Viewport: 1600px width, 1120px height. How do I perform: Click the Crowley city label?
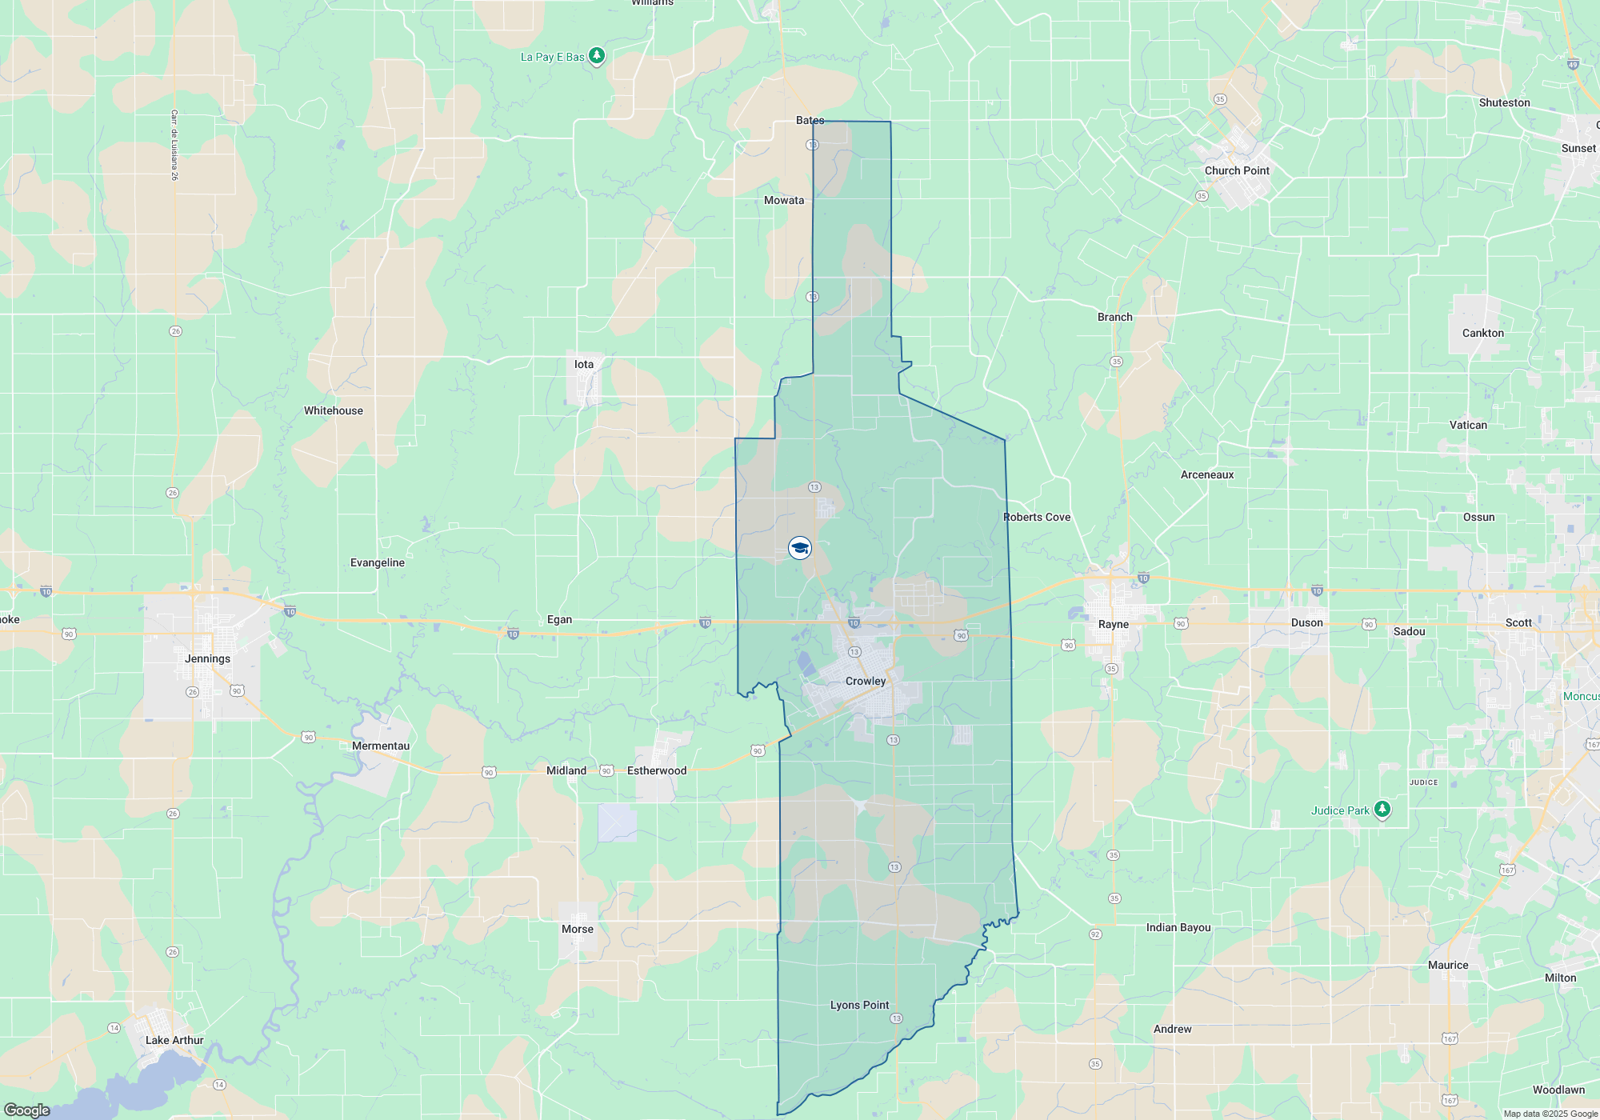click(866, 681)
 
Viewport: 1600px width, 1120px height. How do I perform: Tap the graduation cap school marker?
click(799, 548)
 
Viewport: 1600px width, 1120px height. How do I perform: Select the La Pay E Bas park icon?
click(597, 56)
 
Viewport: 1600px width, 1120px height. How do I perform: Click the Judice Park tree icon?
click(1382, 810)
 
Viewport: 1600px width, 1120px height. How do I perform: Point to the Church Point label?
click(1237, 170)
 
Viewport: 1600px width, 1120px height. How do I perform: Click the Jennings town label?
click(207, 658)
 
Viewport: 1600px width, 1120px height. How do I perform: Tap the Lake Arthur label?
click(174, 1040)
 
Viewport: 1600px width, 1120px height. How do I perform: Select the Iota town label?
click(584, 364)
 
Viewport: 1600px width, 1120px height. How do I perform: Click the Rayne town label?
click(1114, 624)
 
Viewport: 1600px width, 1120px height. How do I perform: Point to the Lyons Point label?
click(859, 1005)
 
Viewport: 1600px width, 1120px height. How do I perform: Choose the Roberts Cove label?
click(1037, 517)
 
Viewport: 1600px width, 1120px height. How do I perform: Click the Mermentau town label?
click(381, 746)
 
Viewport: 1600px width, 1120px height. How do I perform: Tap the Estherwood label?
click(657, 770)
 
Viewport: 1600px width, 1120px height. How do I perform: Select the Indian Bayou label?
click(1178, 927)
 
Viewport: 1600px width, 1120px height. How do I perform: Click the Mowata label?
click(784, 200)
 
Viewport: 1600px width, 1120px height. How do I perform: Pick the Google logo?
click(27, 1110)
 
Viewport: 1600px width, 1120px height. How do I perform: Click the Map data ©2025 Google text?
click(1550, 1114)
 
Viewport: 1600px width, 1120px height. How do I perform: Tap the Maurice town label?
click(1448, 965)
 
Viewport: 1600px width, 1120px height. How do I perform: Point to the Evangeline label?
click(378, 562)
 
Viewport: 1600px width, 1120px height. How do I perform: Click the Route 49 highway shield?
click(1573, 65)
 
